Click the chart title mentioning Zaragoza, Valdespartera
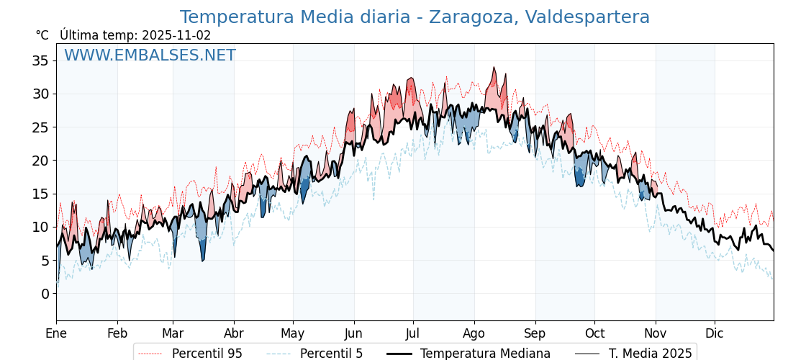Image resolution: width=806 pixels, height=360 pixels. click(415, 17)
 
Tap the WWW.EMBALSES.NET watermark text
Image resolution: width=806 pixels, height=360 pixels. click(150, 55)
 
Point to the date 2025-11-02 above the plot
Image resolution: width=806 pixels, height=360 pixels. click(176, 35)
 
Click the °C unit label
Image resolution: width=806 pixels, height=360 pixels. click(42, 35)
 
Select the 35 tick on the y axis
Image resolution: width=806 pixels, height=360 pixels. click(40, 60)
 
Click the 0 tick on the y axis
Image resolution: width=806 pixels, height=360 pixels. click(45, 294)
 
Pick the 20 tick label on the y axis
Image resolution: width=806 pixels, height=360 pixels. click(40, 161)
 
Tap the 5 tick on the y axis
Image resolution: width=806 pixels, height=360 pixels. click(45, 261)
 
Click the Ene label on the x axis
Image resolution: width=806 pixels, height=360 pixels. click(56, 333)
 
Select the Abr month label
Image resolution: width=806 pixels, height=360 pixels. click(234, 333)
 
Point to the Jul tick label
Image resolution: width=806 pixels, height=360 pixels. click(413, 333)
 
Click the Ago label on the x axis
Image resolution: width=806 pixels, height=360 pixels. click(474, 333)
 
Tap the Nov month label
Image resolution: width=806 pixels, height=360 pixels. click(656, 333)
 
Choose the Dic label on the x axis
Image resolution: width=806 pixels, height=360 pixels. click(715, 333)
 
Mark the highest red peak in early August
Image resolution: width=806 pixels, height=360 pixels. click(494, 68)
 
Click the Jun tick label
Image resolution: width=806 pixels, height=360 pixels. click(353, 333)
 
